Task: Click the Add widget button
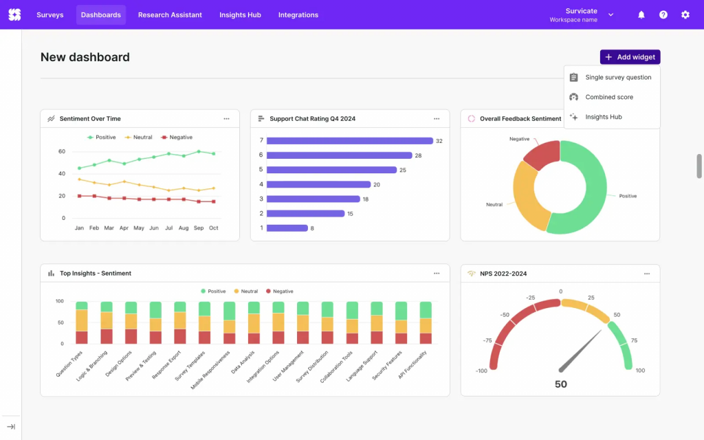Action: pos(630,57)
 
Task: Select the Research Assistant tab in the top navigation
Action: pos(170,14)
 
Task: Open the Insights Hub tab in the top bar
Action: pos(240,14)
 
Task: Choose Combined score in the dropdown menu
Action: pos(608,97)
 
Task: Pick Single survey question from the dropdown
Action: pos(617,78)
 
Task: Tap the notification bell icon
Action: pos(641,14)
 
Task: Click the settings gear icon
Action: pos(685,14)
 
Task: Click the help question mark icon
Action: pos(663,14)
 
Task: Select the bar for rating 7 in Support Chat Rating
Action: pos(349,141)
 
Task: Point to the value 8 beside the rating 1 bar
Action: pos(312,228)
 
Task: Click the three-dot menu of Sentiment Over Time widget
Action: pos(226,119)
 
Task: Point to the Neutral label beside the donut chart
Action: pos(494,205)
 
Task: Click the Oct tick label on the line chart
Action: pos(214,228)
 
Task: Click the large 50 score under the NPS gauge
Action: pos(560,384)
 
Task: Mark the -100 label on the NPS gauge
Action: pos(481,371)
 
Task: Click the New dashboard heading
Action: pos(85,57)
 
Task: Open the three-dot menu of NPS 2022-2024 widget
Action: pos(646,274)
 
